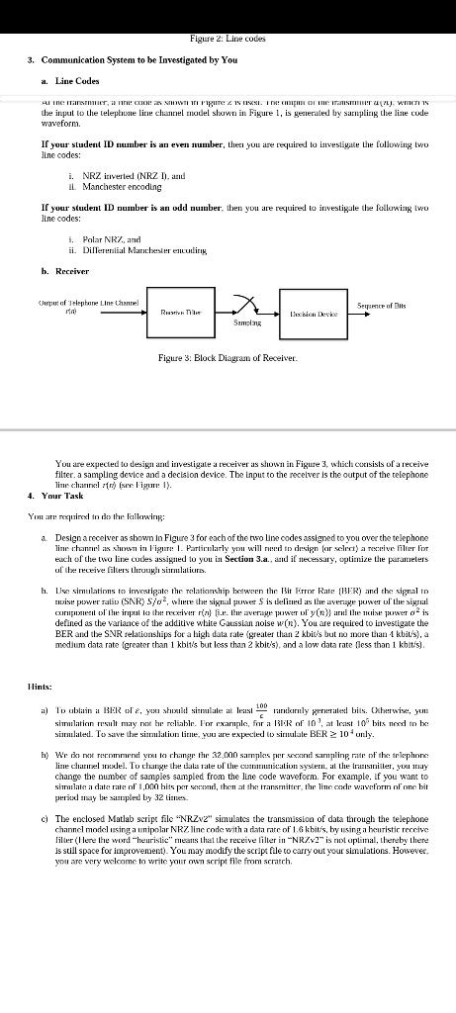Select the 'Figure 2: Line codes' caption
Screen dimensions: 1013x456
tap(228, 10)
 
